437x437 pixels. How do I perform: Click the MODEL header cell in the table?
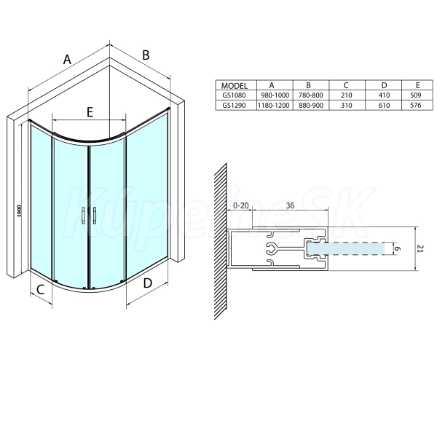click(235, 85)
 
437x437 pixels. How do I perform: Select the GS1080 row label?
click(234, 95)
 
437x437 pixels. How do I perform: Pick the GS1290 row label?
click(234, 106)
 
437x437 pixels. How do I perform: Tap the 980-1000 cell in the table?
click(275, 95)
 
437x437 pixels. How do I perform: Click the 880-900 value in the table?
click(311, 106)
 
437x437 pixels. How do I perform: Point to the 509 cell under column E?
click(416, 95)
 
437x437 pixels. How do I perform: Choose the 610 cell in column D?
click(384, 106)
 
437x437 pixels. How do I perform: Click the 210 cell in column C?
click(347, 95)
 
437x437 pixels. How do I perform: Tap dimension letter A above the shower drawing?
click(67, 60)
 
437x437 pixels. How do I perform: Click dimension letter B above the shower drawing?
click(146, 55)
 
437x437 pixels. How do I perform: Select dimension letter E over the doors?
click(90, 112)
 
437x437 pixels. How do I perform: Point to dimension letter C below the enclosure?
click(40, 290)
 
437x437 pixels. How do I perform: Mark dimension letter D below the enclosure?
click(147, 283)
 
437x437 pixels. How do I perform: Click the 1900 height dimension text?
click(19, 211)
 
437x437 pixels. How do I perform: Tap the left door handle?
click(83, 216)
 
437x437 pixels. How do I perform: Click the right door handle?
click(95, 216)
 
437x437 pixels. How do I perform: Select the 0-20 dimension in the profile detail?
click(240, 205)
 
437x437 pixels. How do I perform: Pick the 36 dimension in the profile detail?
click(290, 205)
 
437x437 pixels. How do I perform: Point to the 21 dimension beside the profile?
click(421, 249)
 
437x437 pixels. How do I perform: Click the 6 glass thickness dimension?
click(398, 248)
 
